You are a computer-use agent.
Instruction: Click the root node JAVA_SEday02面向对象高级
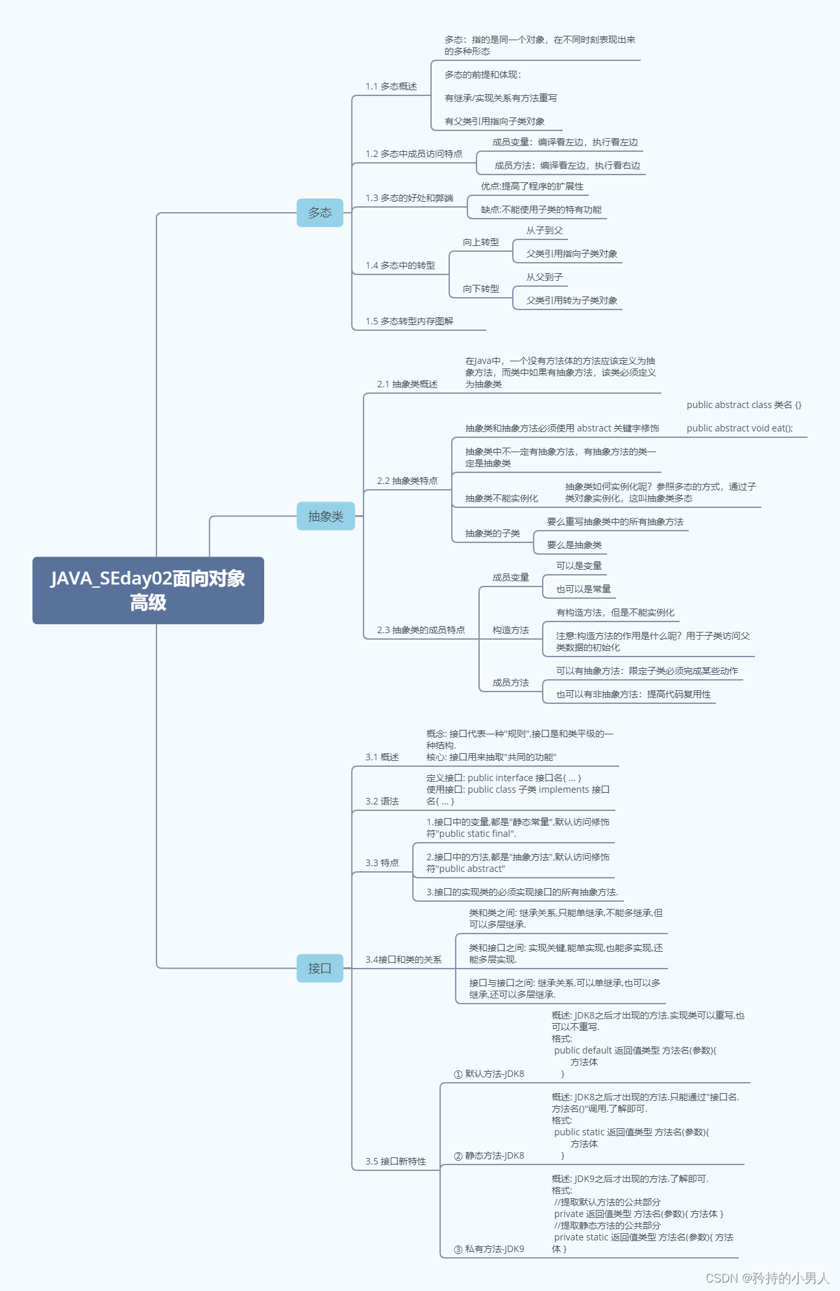[x=148, y=590]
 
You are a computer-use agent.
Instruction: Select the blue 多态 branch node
[x=319, y=213]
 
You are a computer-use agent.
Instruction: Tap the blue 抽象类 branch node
[x=325, y=516]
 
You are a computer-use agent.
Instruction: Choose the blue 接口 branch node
[x=319, y=969]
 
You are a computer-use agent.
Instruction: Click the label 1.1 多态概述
[x=391, y=86]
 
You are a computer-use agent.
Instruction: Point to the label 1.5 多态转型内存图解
[x=409, y=321]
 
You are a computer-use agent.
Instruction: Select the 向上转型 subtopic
[x=480, y=242]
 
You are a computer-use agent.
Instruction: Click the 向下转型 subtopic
[x=480, y=289]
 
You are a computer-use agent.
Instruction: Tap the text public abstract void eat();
[x=739, y=428]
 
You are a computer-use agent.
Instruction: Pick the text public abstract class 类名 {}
[x=744, y=405]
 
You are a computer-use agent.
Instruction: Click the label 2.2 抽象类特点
[x=407, y=481]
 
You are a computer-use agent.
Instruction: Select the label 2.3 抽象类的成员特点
[x=421, y=630]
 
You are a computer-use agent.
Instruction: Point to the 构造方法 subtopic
[x=510, y=630]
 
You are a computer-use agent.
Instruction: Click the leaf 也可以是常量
[x=583, y=589]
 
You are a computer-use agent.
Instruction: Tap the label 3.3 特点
[x=382, y=863]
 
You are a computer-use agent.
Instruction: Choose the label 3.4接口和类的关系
[x=403, y=959]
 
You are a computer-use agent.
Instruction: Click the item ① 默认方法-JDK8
[x=489, y=1074]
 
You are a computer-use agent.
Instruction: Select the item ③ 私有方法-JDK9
[x=489, y=1249]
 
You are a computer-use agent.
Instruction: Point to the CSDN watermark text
[x=767, y=1278]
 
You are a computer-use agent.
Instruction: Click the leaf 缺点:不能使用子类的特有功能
[x=541, y=210]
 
